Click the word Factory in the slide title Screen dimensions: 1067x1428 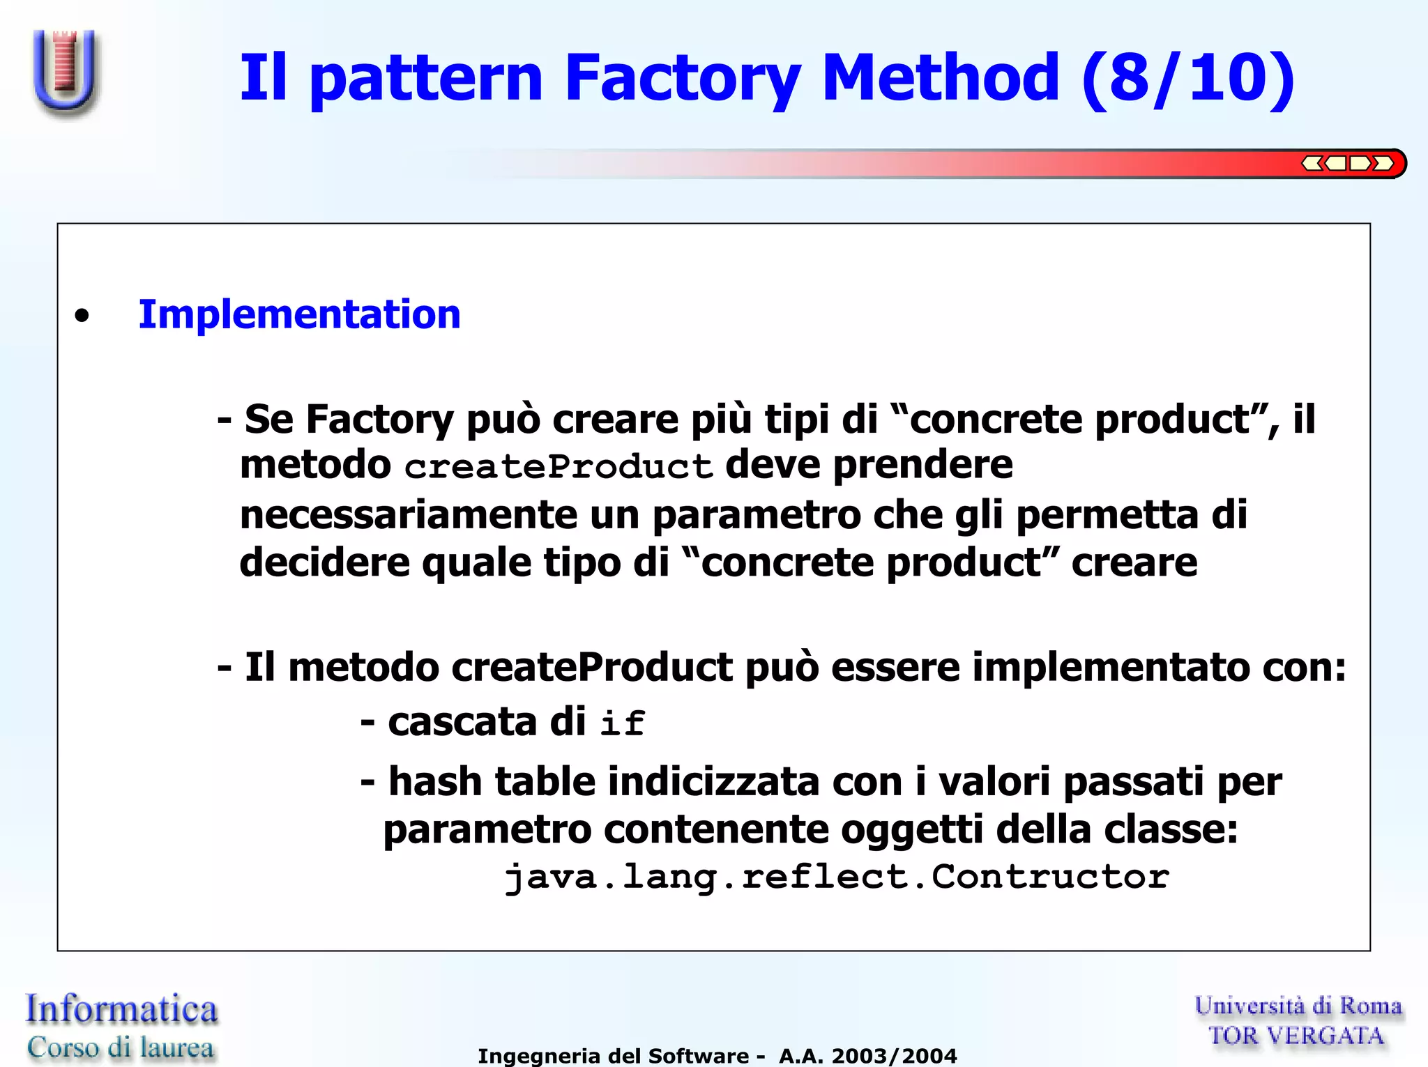(682, 78)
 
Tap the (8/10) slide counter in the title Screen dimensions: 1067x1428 (1188, 78)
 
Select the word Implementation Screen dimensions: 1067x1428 (299, 314)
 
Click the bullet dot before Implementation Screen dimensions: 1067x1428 (82, 316)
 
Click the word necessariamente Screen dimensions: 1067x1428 (408, 515)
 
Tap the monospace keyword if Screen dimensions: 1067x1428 (622, 723)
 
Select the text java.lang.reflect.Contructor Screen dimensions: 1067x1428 (836, 877)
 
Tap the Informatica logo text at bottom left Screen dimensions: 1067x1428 (121, 1009)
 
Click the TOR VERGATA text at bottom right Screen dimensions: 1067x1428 (1296, 1036)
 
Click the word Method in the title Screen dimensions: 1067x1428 (941, 78)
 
